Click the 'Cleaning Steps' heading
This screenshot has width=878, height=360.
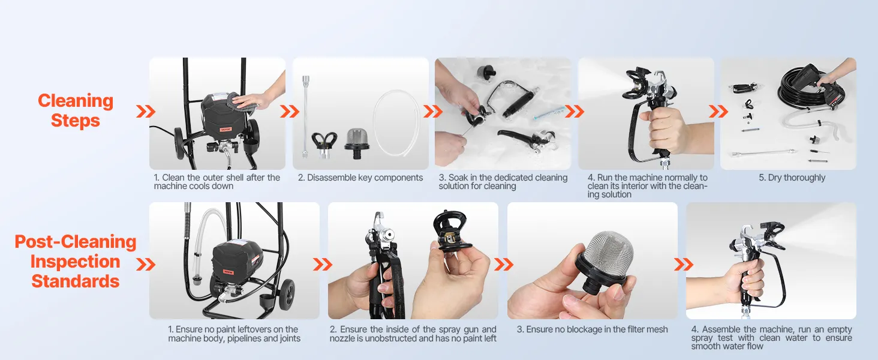75,110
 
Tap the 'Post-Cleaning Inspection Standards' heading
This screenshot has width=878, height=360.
75,261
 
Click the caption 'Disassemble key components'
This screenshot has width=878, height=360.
360,178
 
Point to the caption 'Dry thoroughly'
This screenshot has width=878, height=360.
792,178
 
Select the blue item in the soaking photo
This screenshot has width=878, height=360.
547,115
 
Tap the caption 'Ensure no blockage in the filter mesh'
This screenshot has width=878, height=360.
593,329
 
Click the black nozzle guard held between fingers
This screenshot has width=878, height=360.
450,230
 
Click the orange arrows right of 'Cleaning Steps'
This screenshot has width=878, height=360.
146,112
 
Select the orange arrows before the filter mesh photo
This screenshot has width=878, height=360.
504,265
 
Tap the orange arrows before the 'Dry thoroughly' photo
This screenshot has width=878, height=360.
718,112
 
